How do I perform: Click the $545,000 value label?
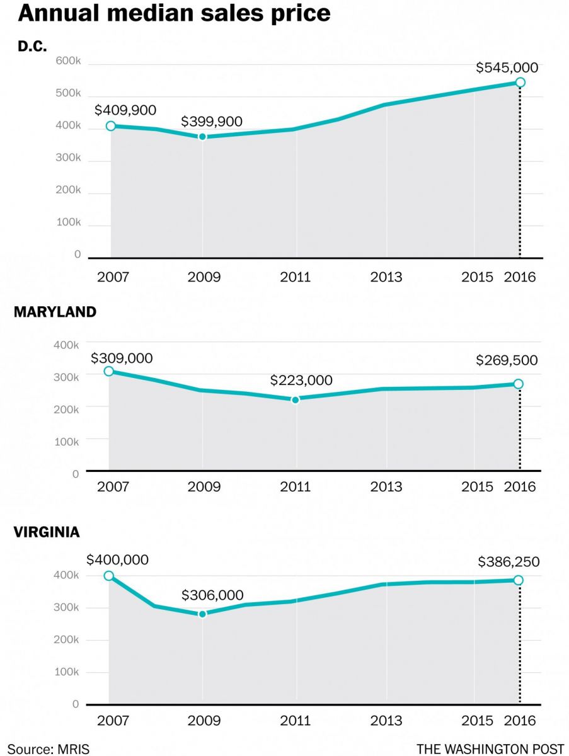(x=508, y=67)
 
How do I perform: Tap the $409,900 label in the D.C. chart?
(x=125, y=110)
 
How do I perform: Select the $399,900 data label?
(x=212, y=122)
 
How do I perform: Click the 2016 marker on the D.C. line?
(x=520, y=83)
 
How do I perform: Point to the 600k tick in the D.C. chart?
(x=69, y=61)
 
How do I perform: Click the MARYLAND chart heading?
(x=55, y=312)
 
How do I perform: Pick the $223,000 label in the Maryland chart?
(x=301, y=381)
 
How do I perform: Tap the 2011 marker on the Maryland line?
(x=296, y=399)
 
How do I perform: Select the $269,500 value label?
(x=507, y=360)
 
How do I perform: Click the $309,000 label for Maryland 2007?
(x=122, y=358)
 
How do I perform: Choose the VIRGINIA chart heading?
(x=47, y=532)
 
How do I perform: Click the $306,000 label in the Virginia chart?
(x=212, y=595)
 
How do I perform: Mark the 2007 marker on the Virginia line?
(x=109, y=576)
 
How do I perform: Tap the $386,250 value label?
(x=508, y=561)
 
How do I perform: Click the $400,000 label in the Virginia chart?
(x=118, y=559)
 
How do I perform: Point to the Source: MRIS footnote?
(x=49, y=748)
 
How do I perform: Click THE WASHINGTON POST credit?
(x=490, y=748)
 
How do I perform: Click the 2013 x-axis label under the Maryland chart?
(x=386, y=487)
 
